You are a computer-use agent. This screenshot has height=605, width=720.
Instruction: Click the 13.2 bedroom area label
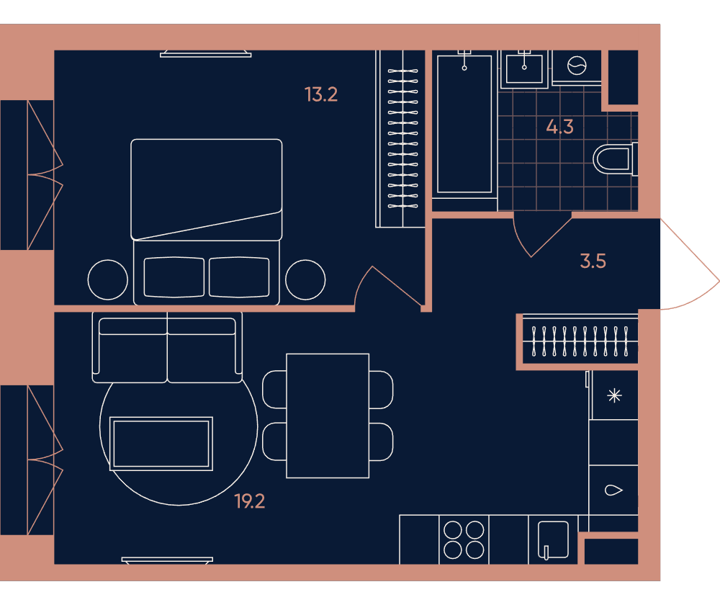pos(321,94)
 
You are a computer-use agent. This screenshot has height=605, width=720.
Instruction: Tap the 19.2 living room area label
pos(250,501)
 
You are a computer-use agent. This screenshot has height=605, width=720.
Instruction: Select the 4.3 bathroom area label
pos(559,126)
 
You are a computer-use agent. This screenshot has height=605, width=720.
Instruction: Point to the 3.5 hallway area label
pos(593,261)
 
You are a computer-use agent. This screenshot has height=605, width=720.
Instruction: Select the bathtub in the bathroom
pos(464,124)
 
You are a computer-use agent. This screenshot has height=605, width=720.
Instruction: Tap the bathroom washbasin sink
pos(524,69)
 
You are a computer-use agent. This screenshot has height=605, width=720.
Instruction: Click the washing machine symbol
pos(577,66)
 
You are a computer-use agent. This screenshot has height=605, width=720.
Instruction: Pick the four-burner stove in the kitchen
pos(464,539)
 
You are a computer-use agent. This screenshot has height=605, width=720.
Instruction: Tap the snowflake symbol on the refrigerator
pos(614,395)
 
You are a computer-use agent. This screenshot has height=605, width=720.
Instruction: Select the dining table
pos(328,416)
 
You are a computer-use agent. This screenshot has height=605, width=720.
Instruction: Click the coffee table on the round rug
pos(161,443)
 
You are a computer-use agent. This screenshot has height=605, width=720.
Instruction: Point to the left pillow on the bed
pos(174,277)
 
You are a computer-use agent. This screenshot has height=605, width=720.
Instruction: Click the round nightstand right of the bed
pos(305,279)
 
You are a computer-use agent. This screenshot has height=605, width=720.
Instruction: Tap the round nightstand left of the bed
pos(108,279)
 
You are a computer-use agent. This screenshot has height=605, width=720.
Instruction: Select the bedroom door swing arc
pos(361,281)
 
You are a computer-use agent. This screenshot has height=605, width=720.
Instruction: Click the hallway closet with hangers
pos(580,341)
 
